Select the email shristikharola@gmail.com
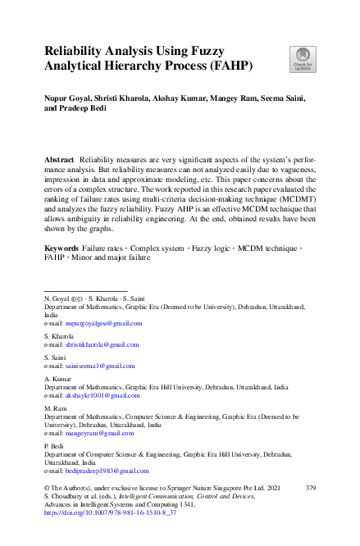point(105,346)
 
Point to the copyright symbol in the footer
point(46,488)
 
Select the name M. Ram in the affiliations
point(55,406)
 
